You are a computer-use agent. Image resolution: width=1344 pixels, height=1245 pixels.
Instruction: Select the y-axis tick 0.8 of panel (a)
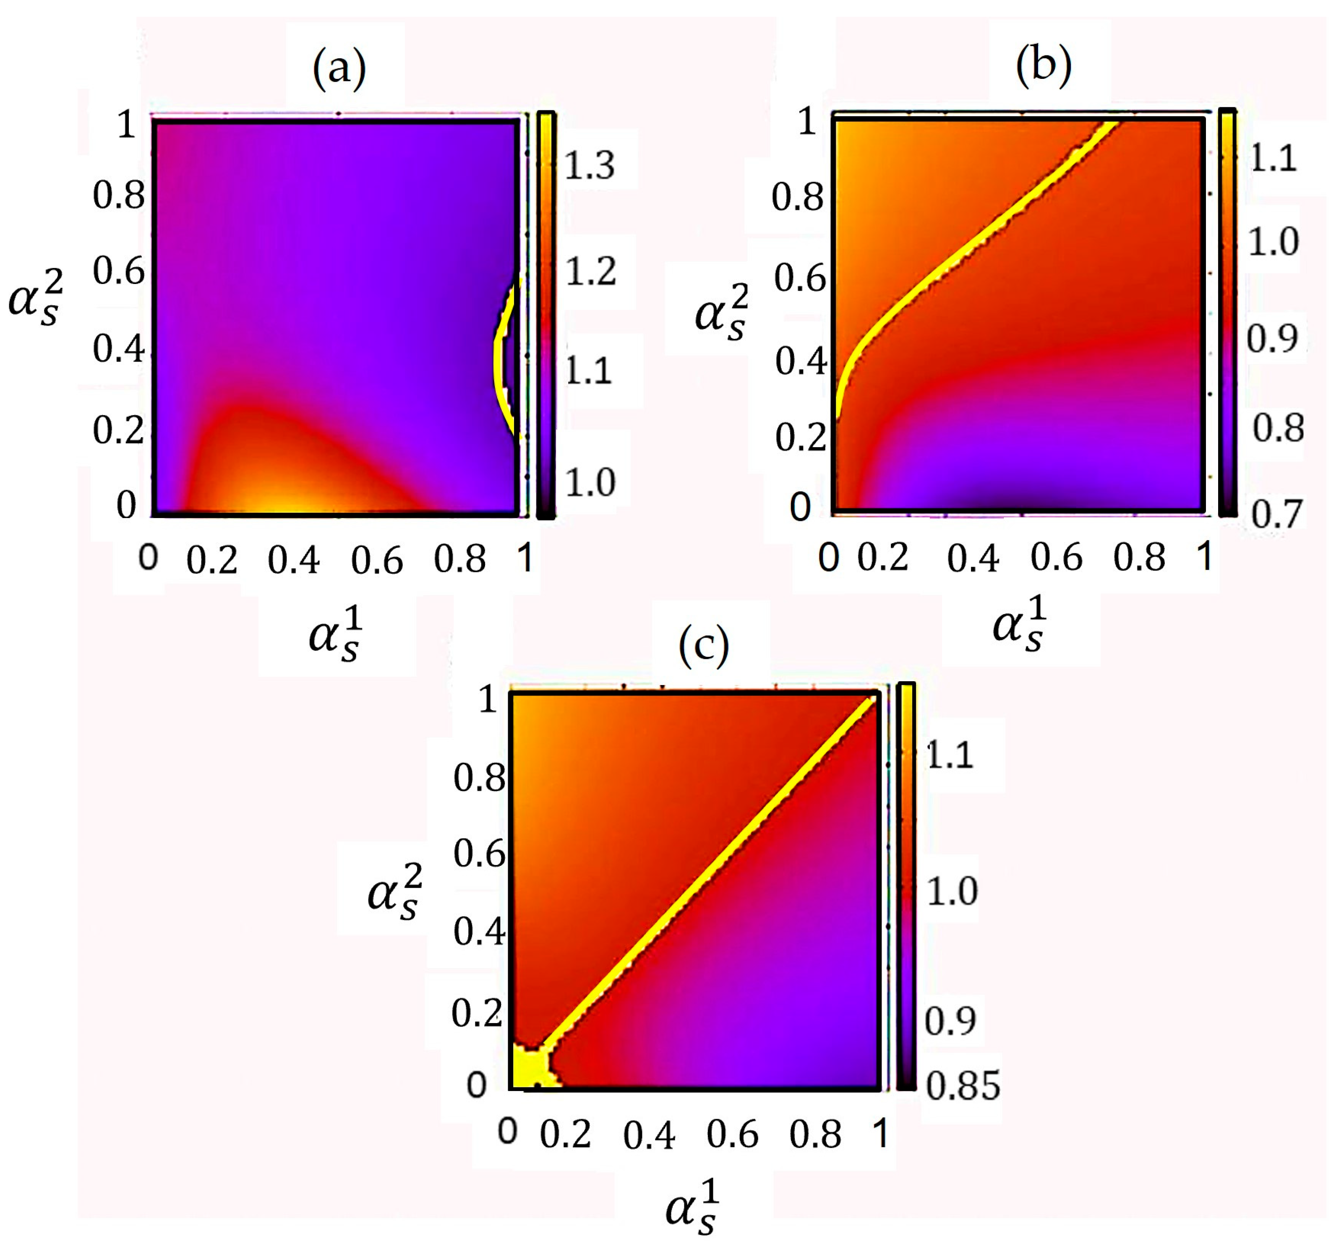tap(119, 195)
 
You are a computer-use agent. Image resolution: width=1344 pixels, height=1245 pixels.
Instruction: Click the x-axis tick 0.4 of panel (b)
tap(973, 558)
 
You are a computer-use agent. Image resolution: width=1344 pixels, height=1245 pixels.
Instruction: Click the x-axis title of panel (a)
tap(335, 636)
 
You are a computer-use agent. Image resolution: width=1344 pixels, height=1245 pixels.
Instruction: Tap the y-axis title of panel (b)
tap(720, 314)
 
